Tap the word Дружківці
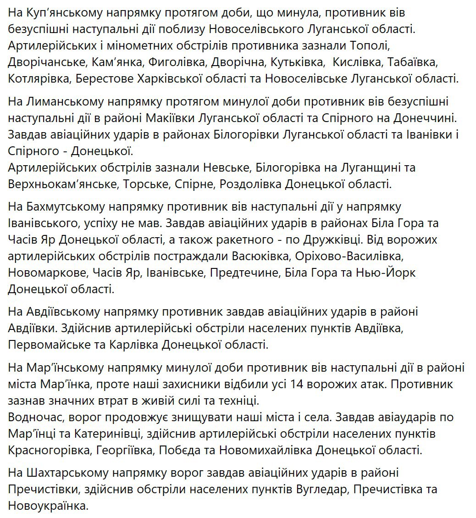click(x=342, y=240)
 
